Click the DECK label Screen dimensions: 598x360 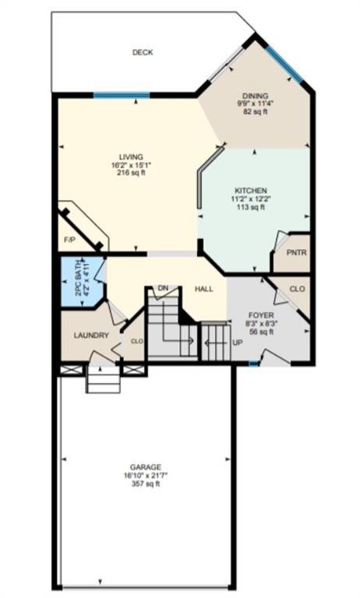(142, 53)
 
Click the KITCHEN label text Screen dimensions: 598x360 (252, 191)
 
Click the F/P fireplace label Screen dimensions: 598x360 (69, 241)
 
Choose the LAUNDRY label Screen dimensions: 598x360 (90, 336)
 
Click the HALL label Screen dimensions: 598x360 (204, 289)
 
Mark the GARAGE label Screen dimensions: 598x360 (146, 467)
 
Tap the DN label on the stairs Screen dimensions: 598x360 (163, 289)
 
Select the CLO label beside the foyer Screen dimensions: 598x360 (296, 289)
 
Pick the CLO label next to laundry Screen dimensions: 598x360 (136, 340)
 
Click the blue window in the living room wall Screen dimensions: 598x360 (121, 95)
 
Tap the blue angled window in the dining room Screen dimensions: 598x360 (284, 65)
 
